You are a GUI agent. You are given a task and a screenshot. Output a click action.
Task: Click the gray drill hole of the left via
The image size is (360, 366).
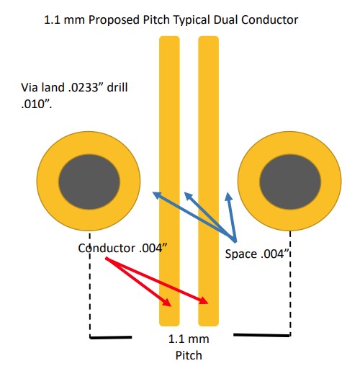(x=89, y=182)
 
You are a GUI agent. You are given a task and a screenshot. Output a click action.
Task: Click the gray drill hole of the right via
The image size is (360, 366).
(x=290, y=182)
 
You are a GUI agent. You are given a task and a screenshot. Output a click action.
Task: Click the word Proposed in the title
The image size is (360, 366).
(x=114, y=20)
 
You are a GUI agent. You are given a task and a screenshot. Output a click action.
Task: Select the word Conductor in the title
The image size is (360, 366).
(x=270, y=19)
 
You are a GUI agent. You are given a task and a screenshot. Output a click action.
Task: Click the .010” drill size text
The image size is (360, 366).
(x=37, y=104)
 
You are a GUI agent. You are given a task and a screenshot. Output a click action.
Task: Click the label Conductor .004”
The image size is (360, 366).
(x=122, y=248)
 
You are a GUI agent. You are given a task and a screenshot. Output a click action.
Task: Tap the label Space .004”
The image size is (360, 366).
(x=256, y=254)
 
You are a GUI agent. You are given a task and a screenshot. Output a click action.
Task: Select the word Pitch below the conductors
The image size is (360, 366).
(x=189, y=355)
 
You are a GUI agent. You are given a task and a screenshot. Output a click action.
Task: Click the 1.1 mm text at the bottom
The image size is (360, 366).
(x=189, y=339)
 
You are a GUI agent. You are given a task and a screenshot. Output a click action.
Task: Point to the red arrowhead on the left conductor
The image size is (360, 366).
(x=167, y=303)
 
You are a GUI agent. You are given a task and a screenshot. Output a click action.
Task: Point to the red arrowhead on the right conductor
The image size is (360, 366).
(x=204, y=300)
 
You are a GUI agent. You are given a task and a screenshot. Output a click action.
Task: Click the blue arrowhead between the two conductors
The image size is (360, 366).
(x=189, y=196)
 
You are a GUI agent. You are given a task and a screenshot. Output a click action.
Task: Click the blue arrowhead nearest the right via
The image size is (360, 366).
(x=229, y=197)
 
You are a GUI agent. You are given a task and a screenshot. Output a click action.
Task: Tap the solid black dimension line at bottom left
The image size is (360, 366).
(x=111, y=337)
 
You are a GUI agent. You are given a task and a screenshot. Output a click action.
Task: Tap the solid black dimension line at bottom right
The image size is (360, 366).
(x=261, y=335)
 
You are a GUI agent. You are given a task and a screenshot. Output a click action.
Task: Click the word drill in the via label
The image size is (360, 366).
(x=117, y=87)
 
